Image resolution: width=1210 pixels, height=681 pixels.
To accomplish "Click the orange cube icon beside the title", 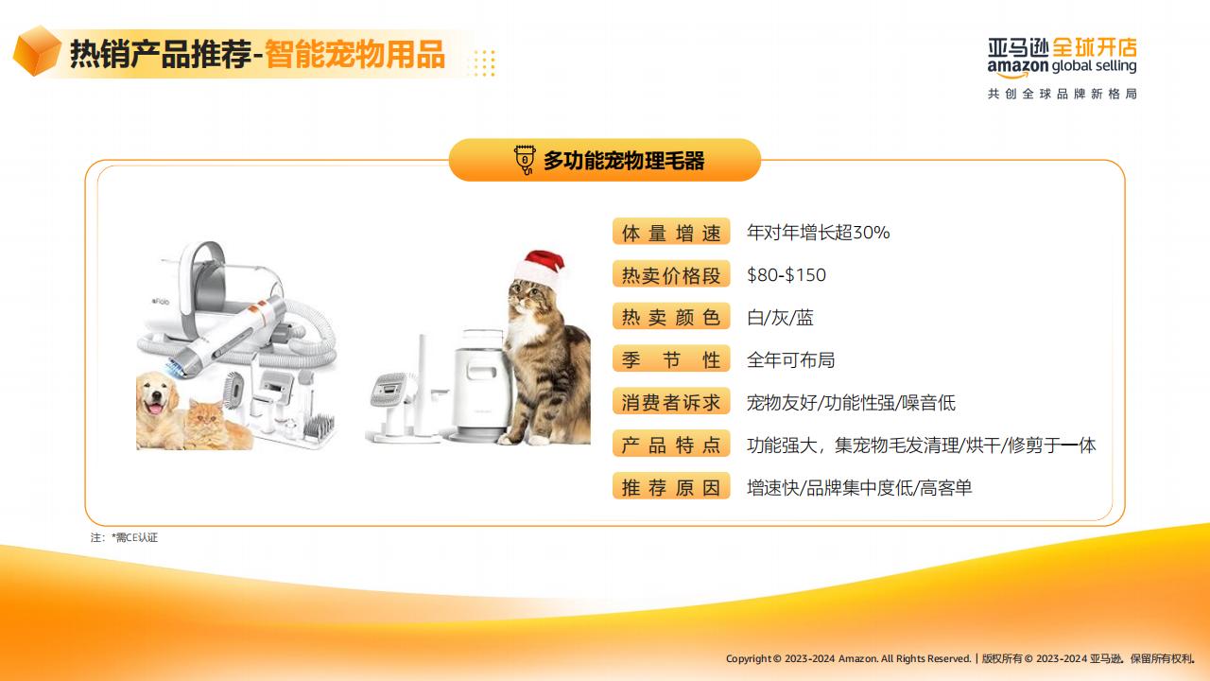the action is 37,51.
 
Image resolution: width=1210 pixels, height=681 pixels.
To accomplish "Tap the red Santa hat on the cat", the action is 540,270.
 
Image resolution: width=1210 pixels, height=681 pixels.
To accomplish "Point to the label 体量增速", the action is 671,233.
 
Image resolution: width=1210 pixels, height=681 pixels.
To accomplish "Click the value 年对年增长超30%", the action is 818,233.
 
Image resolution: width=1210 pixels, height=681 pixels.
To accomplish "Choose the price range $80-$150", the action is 786,275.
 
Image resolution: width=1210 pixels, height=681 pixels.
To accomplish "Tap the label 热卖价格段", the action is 671,275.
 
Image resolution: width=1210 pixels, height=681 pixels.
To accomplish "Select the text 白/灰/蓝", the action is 780,317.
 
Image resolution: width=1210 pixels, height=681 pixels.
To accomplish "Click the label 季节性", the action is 671,359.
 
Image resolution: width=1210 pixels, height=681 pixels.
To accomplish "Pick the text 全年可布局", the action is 791,360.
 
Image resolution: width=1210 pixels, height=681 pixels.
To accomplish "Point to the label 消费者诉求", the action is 671,402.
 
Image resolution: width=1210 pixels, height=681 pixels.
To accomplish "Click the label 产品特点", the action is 671,445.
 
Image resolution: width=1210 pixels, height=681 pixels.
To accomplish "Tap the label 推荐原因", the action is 671,487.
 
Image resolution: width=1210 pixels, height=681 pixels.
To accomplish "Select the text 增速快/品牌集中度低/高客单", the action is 859,488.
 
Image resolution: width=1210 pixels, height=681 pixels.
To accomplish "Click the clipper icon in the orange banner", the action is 525,160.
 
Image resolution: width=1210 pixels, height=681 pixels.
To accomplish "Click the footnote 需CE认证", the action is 134,538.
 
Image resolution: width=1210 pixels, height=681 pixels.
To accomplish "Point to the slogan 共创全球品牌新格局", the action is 1063,94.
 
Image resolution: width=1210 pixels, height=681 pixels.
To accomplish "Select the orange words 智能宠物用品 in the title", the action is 354,54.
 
